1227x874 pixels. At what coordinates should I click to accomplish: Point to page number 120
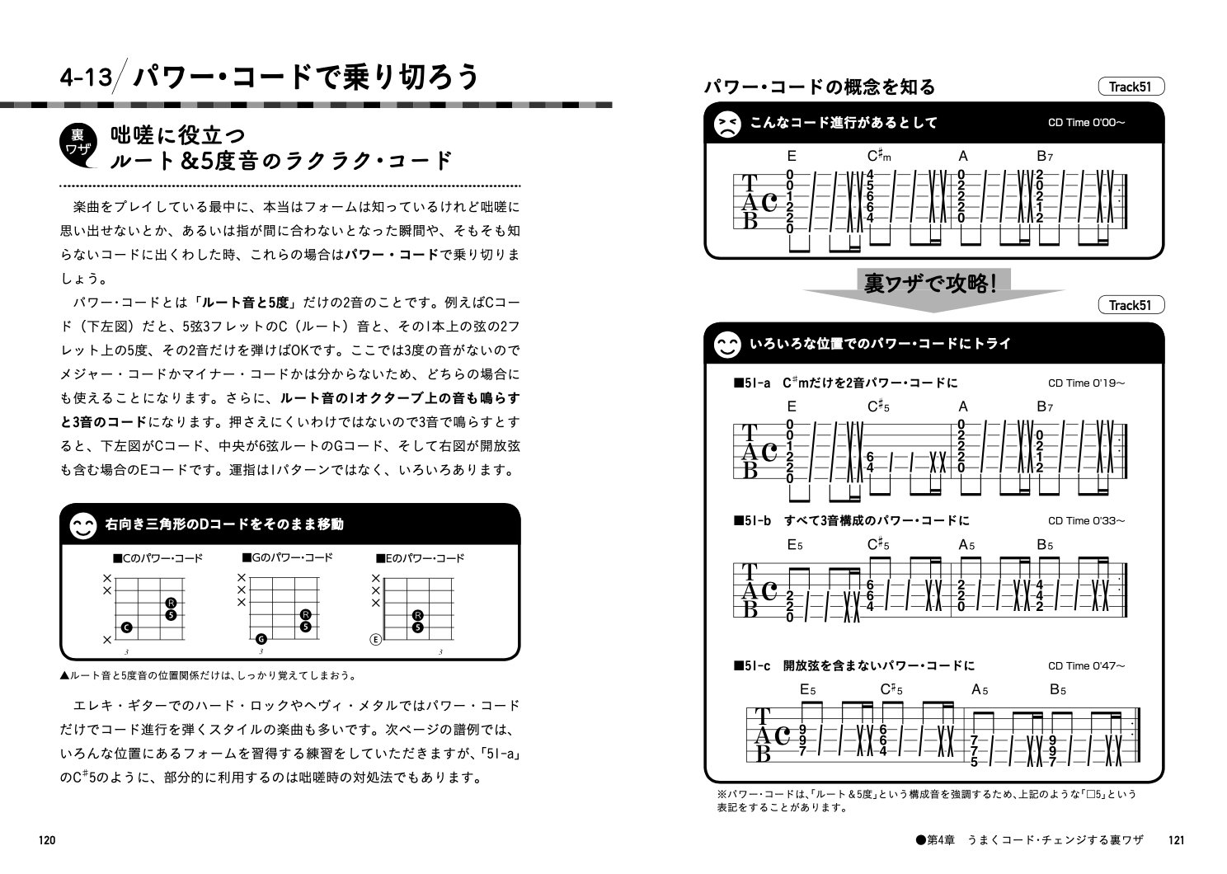(46, 840)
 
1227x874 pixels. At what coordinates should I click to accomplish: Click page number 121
(1177, 840)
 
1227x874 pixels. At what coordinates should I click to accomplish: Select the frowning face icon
(726, 124)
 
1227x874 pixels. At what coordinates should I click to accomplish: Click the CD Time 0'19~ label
(1086, 383)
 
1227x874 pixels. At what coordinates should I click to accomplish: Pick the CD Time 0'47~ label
(1086, 665)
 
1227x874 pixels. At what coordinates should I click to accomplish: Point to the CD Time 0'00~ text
(1086, 123)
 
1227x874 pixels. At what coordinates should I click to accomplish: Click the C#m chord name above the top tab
(879, 156)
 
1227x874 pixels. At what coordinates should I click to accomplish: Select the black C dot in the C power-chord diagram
(126, 628)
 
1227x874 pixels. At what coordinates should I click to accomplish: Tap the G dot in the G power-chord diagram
(261, 639)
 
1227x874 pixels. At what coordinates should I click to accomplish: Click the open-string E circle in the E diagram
(376, 639)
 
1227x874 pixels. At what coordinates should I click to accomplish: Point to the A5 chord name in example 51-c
(980, 689)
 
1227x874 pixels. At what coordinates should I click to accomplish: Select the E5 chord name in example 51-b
(795, 545)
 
